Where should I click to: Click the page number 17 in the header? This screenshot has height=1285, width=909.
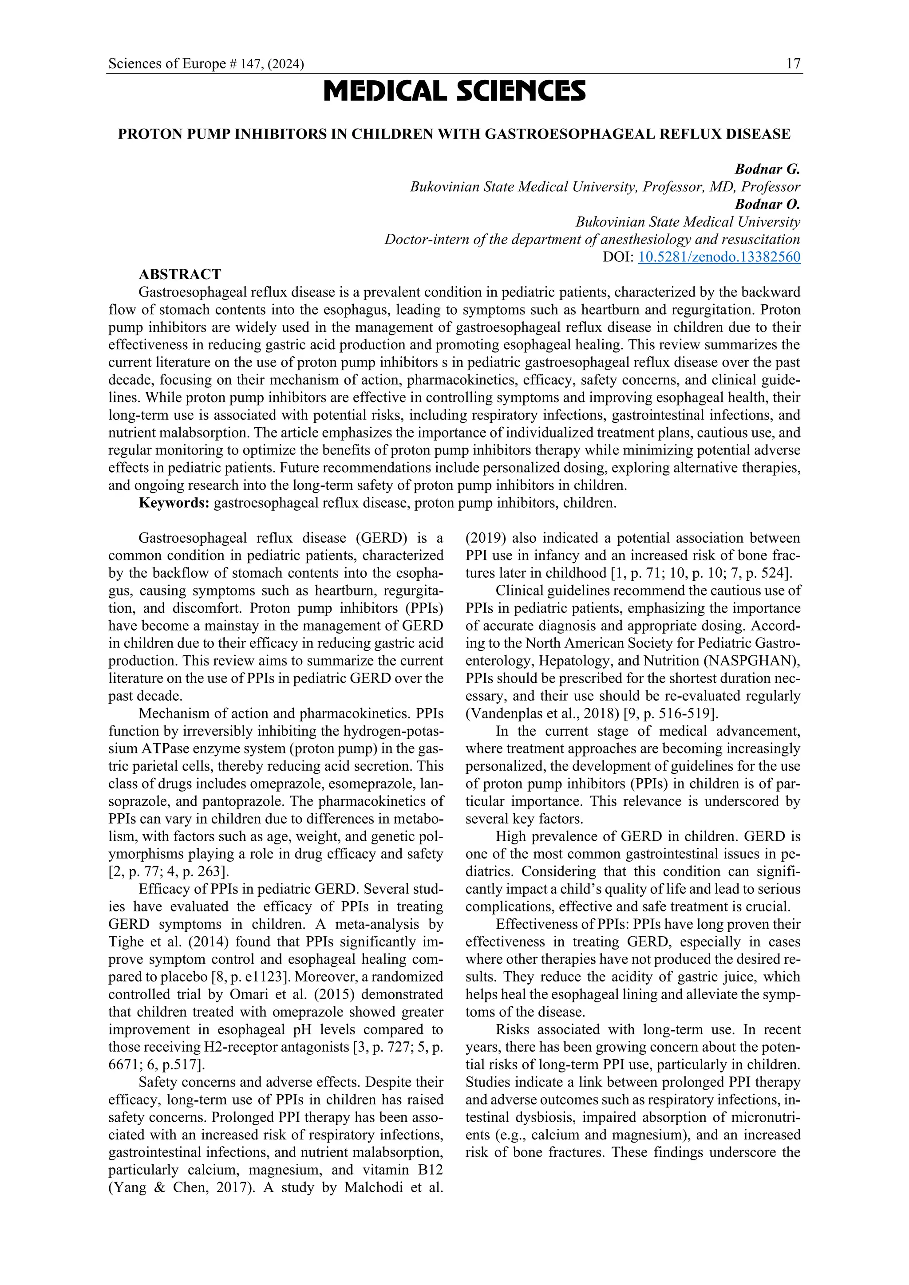(x=793, y=64)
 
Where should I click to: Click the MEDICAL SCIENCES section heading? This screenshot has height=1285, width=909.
(x=454, y=91)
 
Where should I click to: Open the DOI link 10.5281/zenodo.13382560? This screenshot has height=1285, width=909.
(x=719, y=257)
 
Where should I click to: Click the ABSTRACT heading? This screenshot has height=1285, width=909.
(x=180, y=275)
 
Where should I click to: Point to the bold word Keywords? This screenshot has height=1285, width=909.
(x=174, y=503)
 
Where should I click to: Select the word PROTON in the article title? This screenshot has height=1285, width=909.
(x=143, y=135)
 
